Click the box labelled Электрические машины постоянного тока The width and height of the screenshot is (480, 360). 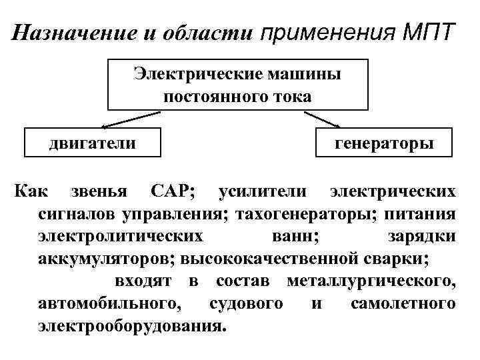(x=237, y=85)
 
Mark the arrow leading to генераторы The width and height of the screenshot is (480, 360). (x=323, y=119)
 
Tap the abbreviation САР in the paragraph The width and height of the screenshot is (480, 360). (x=173, y=192)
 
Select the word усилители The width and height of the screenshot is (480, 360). (x=263, y=192)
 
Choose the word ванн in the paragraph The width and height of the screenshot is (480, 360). (x=296, y=237)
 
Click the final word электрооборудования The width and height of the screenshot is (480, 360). (x=131, y=327)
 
